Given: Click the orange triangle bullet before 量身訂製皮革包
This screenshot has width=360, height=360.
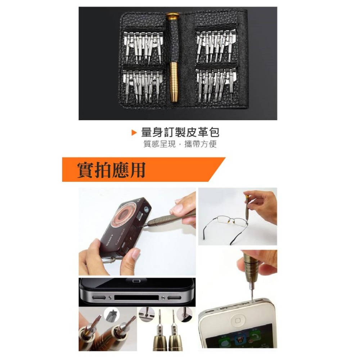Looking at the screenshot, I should pos(134,133).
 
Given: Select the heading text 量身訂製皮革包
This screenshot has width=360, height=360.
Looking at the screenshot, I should pos(180,132).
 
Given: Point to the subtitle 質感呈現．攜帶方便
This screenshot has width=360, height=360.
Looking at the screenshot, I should pos(180,145).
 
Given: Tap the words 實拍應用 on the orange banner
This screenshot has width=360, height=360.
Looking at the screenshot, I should pos(111,170).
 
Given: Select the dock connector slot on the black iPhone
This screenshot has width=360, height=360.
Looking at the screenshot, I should pos(136,297).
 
